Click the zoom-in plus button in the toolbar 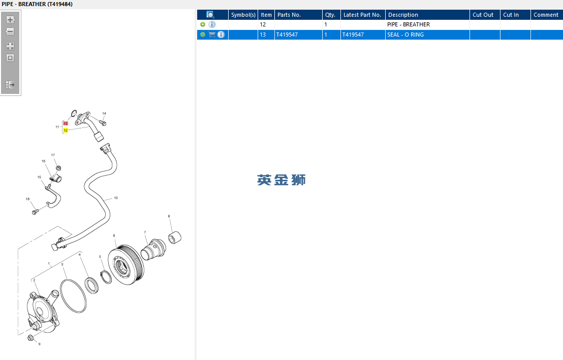[x=10, y=20]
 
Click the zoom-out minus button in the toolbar [x=10, y=31]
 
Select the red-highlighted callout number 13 [x=66, y=123]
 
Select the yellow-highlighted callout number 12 [x=66, y=130]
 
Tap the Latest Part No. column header [x=363, y=15]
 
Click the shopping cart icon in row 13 [x=212, y=35]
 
